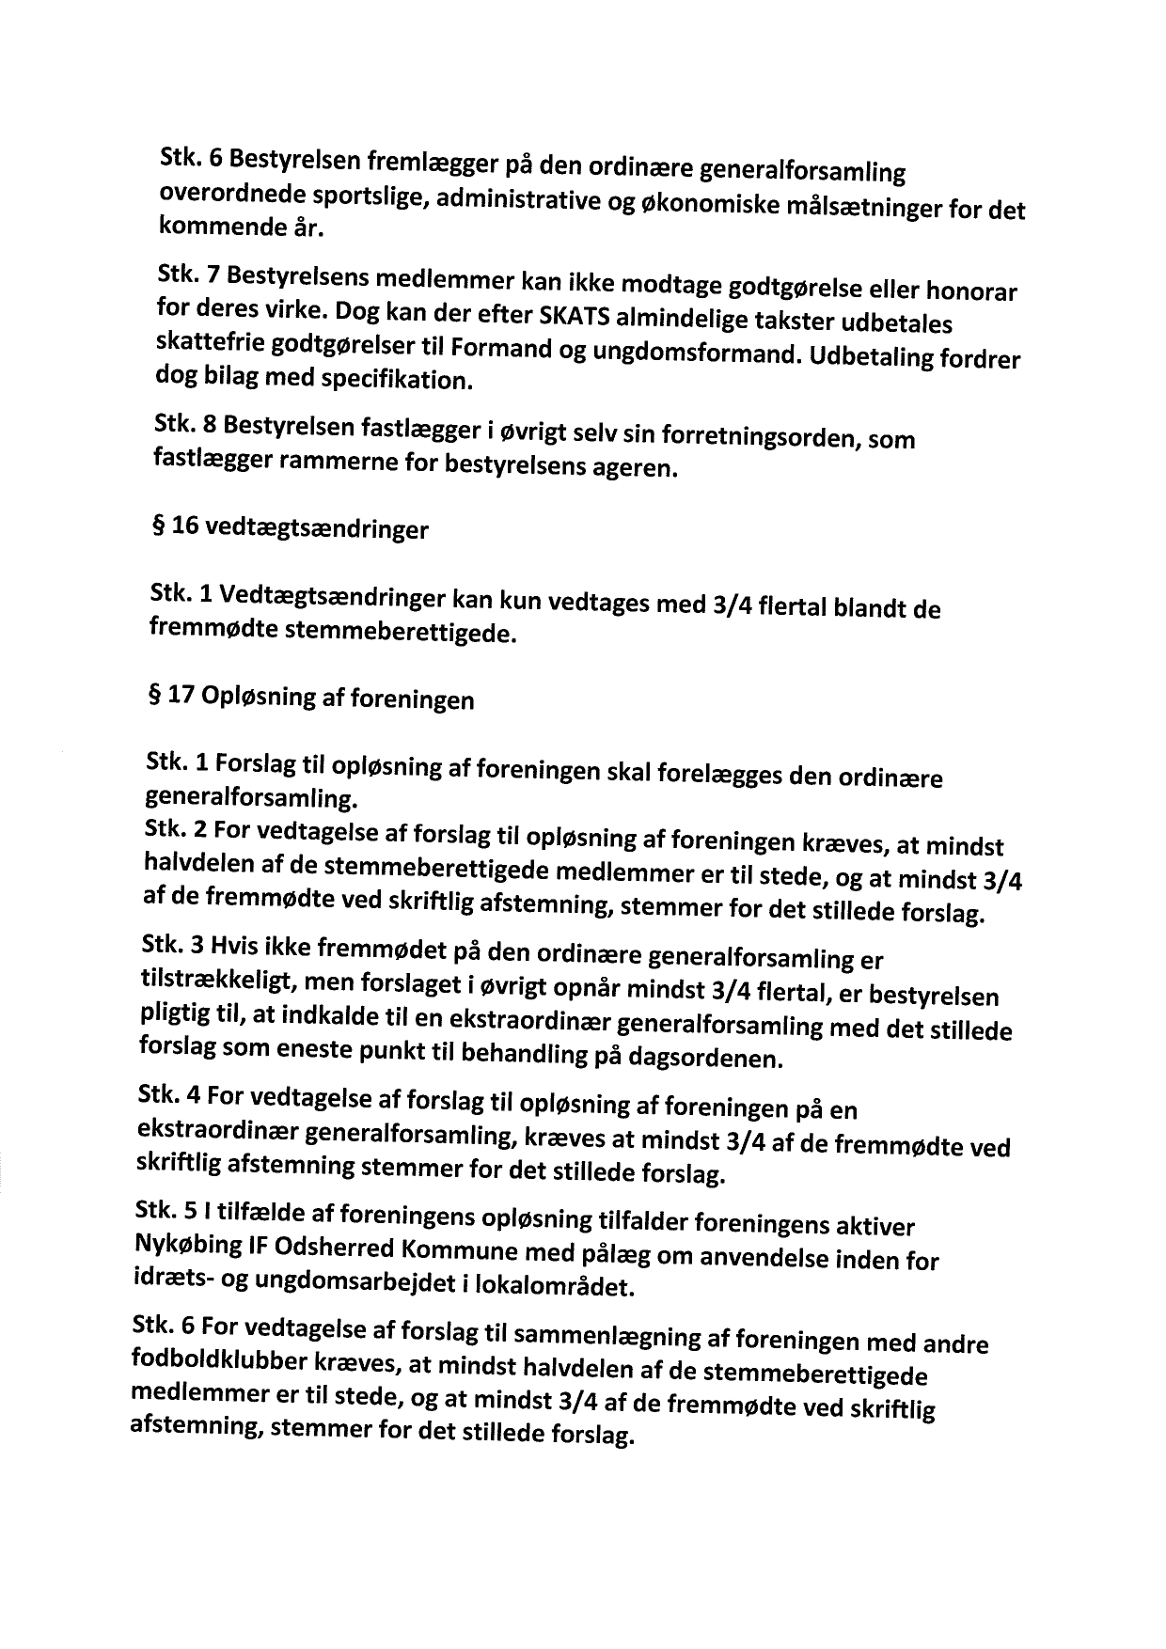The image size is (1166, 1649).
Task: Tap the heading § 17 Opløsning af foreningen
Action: [x=310, y=699]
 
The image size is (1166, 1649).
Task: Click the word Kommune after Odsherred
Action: [x=465, y=1253]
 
